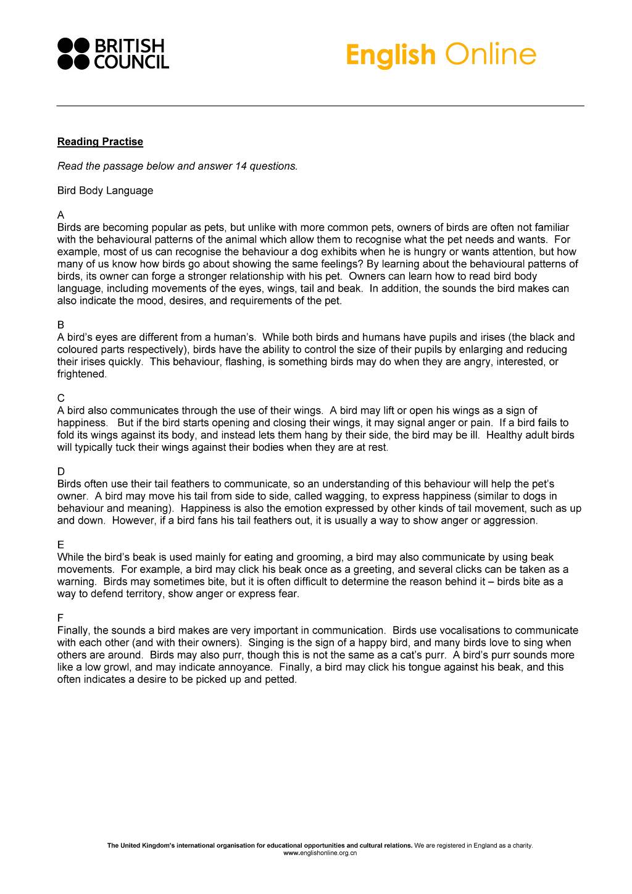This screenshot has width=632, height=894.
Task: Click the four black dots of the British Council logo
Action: (73, 54)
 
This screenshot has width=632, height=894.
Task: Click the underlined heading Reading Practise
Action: (100, 142)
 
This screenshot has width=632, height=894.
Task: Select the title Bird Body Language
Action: (105, 191)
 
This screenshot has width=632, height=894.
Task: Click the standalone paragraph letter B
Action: (60, 325)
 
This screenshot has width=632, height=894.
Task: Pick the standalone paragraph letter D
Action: (60, 472)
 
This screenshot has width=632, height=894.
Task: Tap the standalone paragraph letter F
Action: (60, 618)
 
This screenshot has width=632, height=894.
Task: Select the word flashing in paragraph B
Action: (245, 362)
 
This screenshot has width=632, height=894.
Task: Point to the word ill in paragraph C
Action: (475, 435)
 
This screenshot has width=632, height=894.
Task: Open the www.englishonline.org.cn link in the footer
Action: (320, 853)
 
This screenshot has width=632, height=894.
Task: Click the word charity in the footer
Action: (519, 845)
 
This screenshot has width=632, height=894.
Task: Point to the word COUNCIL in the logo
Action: (131, 62)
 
